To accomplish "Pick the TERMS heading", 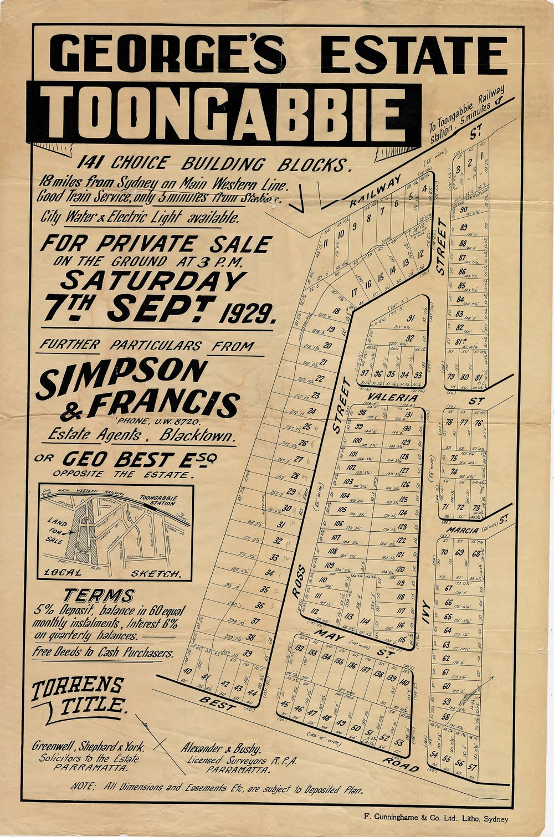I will click(99, 596).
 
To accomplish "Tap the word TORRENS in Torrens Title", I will click(78, 687).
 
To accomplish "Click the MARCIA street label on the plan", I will click(457, 531).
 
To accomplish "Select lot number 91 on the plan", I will click(411, 318).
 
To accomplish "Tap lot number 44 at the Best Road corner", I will click(253, 692).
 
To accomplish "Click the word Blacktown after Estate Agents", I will click(196, 436).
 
